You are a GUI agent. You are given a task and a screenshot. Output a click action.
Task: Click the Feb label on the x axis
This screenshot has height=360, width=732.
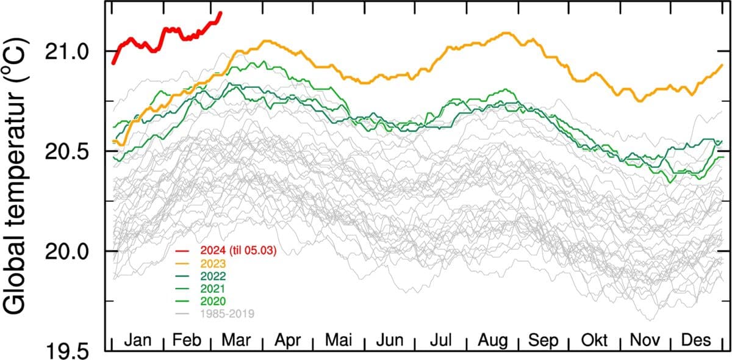point(187,341)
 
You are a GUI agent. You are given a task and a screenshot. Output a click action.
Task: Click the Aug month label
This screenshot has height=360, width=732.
point(492,341)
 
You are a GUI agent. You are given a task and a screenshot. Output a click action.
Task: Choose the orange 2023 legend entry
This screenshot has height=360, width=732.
point(212,264)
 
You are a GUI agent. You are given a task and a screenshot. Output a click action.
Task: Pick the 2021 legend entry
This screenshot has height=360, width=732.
point(212,289)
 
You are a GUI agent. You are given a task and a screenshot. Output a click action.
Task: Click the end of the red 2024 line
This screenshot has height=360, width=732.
point(220,12)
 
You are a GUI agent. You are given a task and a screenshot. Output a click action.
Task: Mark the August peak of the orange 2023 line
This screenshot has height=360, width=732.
point(506,32)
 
